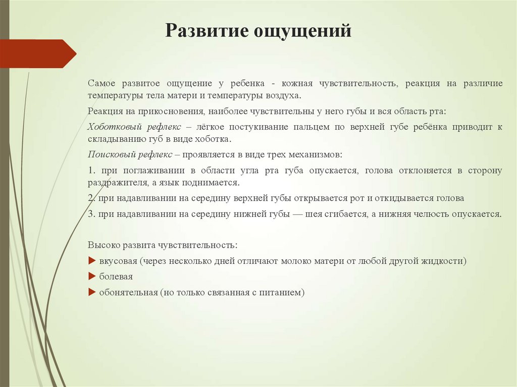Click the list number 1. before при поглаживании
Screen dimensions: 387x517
pyautogui.click(x=91, y=171)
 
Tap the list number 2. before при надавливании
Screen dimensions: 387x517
pyautogui.click(x=91, y=198)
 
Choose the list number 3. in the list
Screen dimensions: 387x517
pyautogui.click(x=91, y=214)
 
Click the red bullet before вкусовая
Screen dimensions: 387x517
pyautogui.click(x=91, y=261)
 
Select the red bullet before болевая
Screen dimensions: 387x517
pyautogui.click(x=91, y=277)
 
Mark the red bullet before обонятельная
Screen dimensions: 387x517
pyautogui.click(x=91, y=292)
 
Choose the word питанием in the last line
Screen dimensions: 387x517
pyautogui.click(x=284, y=293)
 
